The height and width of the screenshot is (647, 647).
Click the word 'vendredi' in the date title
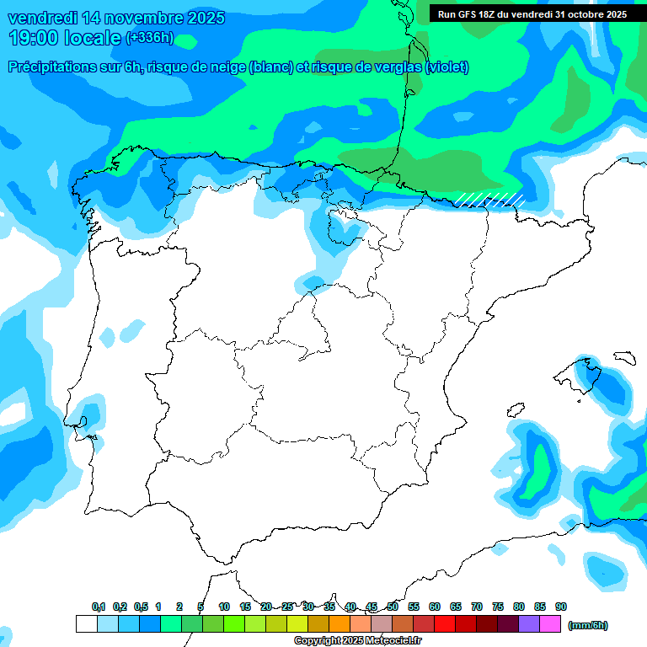pyautogui.click(x=44, y=18)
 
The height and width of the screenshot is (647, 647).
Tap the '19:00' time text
pyautogui.click(x=35, y=37)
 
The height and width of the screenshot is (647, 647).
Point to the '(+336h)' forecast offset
pyautogui.click(x=149, y=37)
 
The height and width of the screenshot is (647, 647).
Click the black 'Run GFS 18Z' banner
pyautogui.click(x=532, y=14)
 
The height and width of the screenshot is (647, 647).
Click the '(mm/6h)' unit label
pyautogui.click(x=587, y=625)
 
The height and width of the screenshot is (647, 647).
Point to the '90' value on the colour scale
pyautogui.click(x=561, y=607)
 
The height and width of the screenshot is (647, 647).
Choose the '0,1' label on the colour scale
pyautogui.click(x=99, y=607)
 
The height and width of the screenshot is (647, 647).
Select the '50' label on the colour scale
pyautogui.click(x=393, y=607)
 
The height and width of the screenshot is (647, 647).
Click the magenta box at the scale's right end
pyautogui.click(x=550, y=624)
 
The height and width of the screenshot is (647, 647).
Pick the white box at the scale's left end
pyautogui.click(x=86, y=624)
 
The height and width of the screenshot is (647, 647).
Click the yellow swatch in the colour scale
pyautogui.click(x=297, y=624)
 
